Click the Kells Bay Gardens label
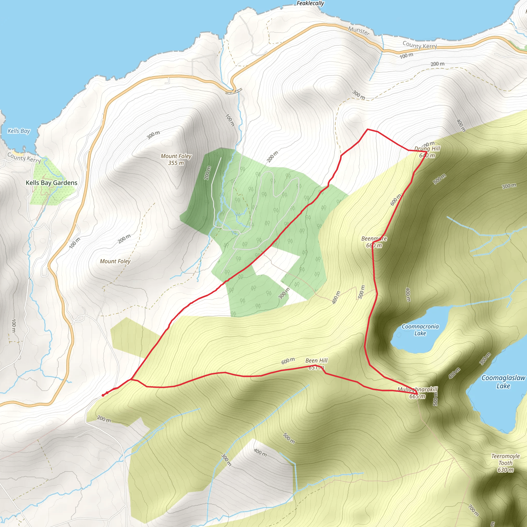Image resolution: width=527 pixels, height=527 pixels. point(51,183)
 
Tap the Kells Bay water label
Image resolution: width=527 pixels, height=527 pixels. point(19,131)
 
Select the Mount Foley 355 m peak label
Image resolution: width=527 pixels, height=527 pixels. point(176,159)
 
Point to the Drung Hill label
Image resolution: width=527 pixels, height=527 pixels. point(427,149)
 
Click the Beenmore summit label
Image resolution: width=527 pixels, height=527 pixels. point(374,239)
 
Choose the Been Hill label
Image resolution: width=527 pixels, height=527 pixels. point(317,361)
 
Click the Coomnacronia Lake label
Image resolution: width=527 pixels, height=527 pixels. point(420,330)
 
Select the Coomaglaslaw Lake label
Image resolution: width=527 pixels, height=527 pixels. point(503,382)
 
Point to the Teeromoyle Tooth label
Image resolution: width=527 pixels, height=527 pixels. point(505,459)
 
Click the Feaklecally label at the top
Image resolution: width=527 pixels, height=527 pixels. point(310,3)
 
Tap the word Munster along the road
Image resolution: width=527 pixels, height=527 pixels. point(359,31)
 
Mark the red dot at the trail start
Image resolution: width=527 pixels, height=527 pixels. point(103,395)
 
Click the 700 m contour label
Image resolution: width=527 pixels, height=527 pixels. point(473,510)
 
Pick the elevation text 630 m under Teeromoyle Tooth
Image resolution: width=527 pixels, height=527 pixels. point(505,470)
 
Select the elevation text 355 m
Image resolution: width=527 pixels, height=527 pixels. point(176,163)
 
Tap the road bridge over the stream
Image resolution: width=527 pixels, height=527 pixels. point(234,91)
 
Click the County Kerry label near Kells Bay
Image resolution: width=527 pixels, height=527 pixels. point(24,158)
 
